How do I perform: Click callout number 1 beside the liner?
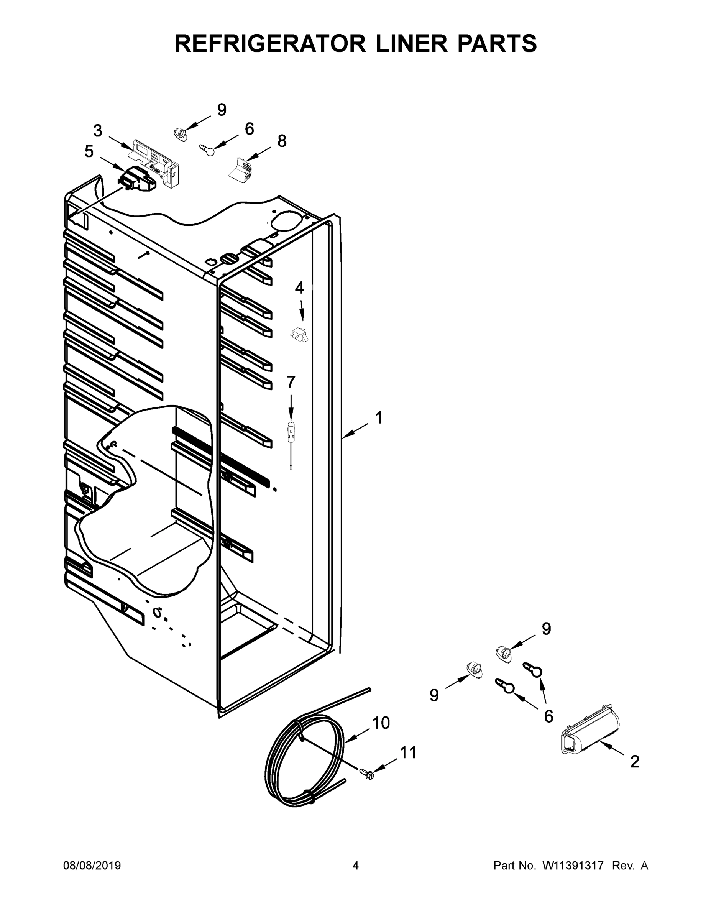[x=379, y=418]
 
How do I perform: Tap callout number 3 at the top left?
[x=97, y=131]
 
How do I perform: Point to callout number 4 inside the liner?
[x=299, y=288]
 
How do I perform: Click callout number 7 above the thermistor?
[x=291, y=382]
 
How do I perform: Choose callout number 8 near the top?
[x=282, y=141]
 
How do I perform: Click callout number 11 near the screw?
[x=408, y=752]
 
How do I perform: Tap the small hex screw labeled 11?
[x=367, y=772]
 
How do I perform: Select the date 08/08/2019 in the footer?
[x=92, y=866]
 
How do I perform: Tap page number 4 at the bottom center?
[x=356, y=866]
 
